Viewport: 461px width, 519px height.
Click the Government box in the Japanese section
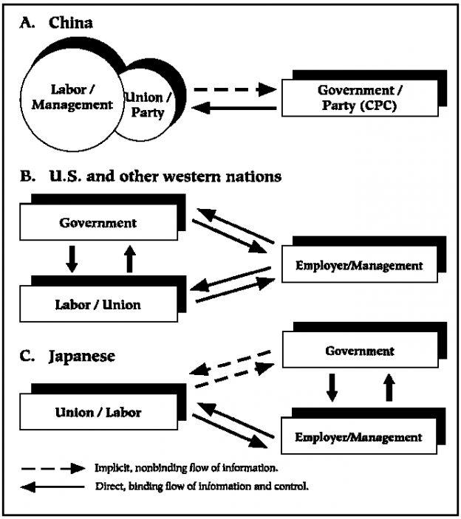[x=360, y=351]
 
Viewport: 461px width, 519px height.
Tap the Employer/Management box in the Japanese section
[x=359, y=437]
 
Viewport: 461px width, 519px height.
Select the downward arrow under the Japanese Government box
[x=333, y=385]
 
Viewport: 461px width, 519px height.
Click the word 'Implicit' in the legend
[x=109, y=468]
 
